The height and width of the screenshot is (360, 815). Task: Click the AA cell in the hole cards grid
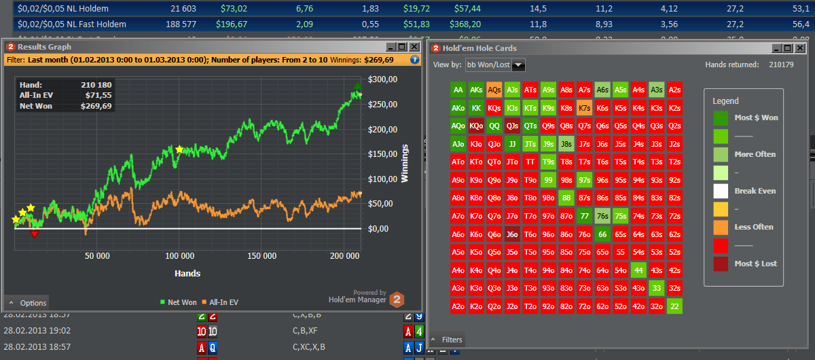(x=458, y=89)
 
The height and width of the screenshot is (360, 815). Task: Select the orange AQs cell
(x=494, y=89)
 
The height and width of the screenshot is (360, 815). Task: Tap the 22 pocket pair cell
(x=674, y=306)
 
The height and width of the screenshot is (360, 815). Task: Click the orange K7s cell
(x=584, y=107)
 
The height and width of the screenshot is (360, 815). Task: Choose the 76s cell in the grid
(x=602, y=216)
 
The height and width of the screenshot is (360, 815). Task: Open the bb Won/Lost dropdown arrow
(x=519, y=65)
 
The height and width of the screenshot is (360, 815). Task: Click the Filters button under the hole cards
(x=448, y=340)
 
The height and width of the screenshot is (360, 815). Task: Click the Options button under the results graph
(x=28, y=303)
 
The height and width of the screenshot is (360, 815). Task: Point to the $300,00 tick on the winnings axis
(x=382, y=79)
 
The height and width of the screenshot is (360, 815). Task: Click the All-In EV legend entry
(x=220, y=302)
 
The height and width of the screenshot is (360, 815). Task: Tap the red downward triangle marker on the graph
(x=35, y=234)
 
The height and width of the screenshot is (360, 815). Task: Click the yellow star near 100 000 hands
(x=179, y=149)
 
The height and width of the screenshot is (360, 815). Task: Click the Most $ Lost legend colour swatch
(x=721, y=264)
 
